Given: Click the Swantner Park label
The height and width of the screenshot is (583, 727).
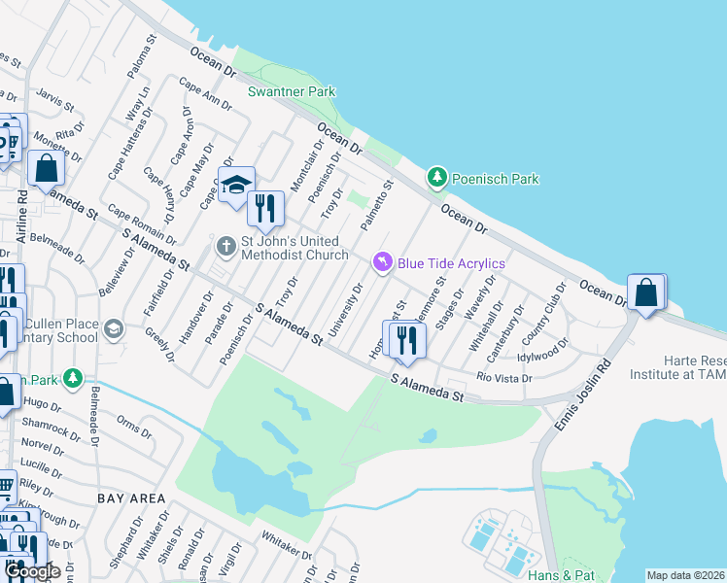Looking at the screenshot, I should (292, 92).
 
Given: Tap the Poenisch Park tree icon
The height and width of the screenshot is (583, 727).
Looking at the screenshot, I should (437, 178).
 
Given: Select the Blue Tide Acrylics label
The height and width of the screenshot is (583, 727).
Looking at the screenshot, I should (450, 263).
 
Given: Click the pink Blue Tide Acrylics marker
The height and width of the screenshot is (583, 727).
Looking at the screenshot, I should (383, 263).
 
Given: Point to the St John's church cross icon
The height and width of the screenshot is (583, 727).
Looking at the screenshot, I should (225, 247).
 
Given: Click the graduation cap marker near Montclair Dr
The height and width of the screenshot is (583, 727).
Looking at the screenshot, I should (236, 186).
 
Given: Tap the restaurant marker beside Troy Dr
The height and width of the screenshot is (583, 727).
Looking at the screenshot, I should (264, 207).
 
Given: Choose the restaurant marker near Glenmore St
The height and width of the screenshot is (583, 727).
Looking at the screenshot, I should (405, 339).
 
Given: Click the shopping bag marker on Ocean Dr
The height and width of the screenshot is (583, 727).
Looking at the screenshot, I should (646, 292).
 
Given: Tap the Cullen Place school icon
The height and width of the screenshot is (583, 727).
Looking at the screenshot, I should (114, 327).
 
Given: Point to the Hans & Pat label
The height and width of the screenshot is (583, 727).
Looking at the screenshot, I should (561, 575).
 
